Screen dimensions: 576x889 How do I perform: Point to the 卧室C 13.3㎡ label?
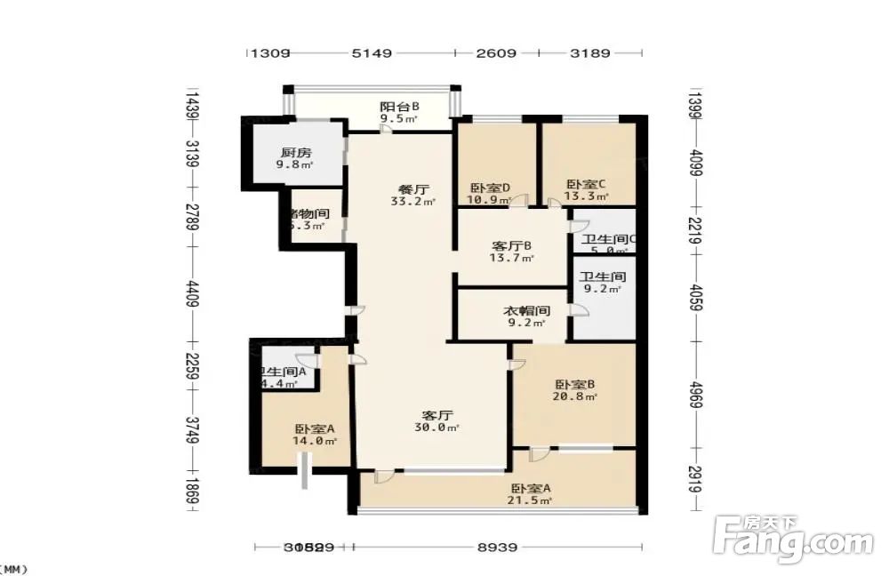[588, 190]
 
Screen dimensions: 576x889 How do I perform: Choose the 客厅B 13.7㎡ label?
[512, 251]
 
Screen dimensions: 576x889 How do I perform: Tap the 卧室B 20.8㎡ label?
[575, 390]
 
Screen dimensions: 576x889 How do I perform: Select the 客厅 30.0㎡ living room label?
[437, 420]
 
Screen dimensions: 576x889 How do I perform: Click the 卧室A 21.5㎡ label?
[531, 493]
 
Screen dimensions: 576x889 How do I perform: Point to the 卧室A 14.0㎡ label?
[316, 434]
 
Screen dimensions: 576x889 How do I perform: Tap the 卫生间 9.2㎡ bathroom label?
[603, 282]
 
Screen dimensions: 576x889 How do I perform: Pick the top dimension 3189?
[590, 53]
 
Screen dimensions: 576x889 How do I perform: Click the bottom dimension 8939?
[496, 548]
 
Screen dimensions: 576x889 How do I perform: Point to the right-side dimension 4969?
[696, 398]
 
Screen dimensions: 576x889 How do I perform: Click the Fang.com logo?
[794, 537]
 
